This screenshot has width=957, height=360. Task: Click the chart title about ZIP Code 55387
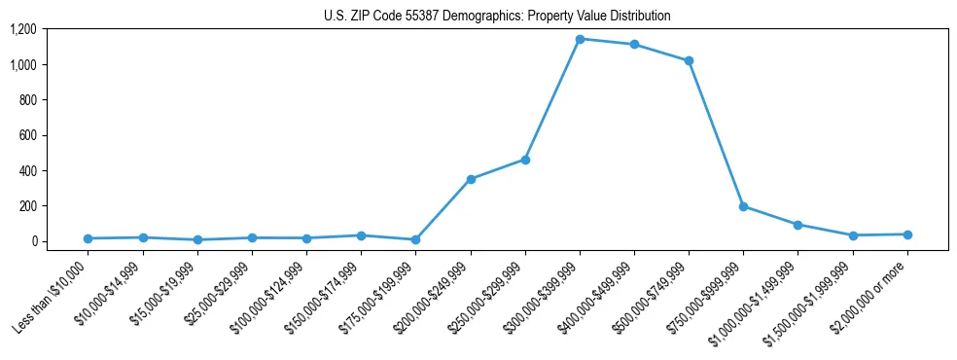click(497, 17)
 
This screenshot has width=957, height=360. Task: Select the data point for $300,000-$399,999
click(580, 39)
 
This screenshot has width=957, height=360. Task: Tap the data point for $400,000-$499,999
click(634, 45)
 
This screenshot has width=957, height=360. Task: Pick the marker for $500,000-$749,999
click(689, 60)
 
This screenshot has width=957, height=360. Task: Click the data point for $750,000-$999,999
click(743, 206)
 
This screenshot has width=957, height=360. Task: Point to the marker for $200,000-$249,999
click(471, 179)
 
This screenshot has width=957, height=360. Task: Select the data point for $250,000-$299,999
click(525, 160)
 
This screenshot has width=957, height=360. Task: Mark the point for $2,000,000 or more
click(907, 234)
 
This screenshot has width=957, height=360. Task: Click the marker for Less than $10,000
click(89, 238)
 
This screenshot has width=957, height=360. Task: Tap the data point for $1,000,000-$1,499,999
click(797, 225)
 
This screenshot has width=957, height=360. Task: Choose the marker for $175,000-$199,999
click(416, 239)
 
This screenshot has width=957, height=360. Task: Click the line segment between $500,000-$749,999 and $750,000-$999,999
click(716, 133)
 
